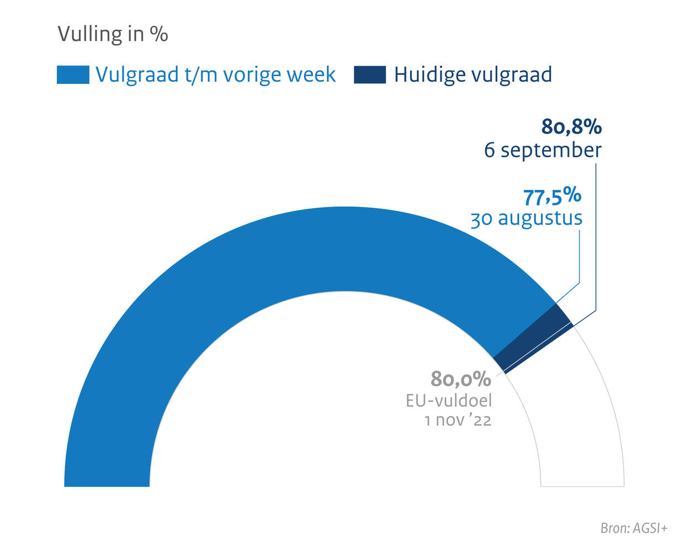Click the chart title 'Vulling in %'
point(113,34)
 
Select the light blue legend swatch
point(73,75)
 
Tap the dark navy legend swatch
point(369,75)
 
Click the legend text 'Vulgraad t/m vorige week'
point(215,75)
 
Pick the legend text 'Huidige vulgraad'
point(473,75)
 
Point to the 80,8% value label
point(571,127)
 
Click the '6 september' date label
point(543,150)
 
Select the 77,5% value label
point(552,196)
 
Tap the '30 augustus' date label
point(526,219)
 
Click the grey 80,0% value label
point(461,379)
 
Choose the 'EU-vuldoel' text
point(448,400)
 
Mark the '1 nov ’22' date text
point(458,421)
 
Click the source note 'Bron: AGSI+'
point(634,528)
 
